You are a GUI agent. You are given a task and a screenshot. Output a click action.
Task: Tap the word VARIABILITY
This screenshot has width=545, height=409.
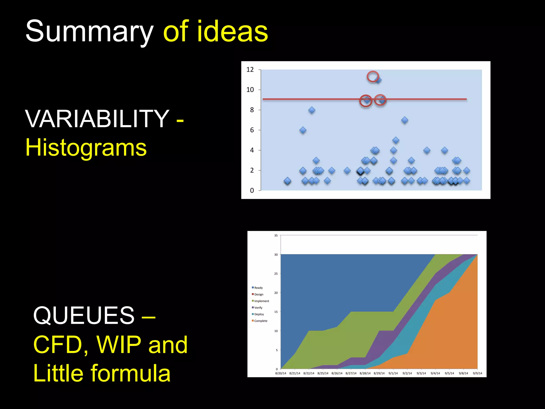[97, 119]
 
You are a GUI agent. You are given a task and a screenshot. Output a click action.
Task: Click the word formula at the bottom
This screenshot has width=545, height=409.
[130, 373]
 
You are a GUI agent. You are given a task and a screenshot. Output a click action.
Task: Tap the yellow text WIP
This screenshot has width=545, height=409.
[119, 345]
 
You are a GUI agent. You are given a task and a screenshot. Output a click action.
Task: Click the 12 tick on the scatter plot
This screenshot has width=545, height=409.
[250, 70]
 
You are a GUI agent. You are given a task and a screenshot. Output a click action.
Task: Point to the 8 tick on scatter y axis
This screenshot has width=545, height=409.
[252, 110]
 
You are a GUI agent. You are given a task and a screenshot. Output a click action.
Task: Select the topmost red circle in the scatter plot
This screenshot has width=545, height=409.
[373, 76]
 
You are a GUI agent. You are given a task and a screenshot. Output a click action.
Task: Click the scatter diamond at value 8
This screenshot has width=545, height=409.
[312, 110]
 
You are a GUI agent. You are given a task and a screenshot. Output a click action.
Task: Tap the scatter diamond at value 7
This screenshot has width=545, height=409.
[404, 120]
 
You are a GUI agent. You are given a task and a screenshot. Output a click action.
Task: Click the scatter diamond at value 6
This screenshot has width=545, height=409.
[303, 130]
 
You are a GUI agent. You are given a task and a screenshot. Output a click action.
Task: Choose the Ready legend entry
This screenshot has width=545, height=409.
[258, 288]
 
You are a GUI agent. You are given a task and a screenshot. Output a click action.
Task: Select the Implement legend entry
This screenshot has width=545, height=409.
[261, 301]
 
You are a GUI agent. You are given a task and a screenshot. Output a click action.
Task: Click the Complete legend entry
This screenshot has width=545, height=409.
[261, 321]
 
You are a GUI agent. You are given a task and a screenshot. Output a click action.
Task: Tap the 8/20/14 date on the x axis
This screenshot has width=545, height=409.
[280, 373]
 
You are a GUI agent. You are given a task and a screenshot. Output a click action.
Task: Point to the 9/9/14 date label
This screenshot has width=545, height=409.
[477, 373]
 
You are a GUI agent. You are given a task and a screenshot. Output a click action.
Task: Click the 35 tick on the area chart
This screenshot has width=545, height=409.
[276, 236]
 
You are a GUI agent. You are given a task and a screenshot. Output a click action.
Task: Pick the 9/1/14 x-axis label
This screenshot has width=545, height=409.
[393, 373]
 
